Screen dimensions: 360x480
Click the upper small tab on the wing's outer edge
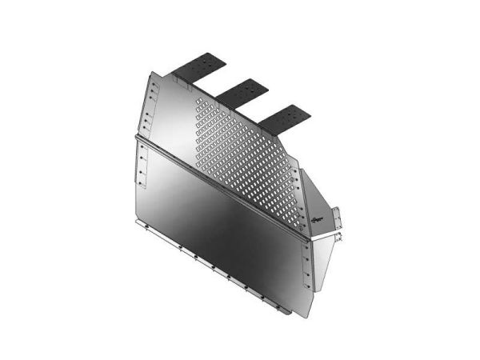coord(338,214)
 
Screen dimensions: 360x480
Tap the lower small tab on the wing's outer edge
coord(340,236)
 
